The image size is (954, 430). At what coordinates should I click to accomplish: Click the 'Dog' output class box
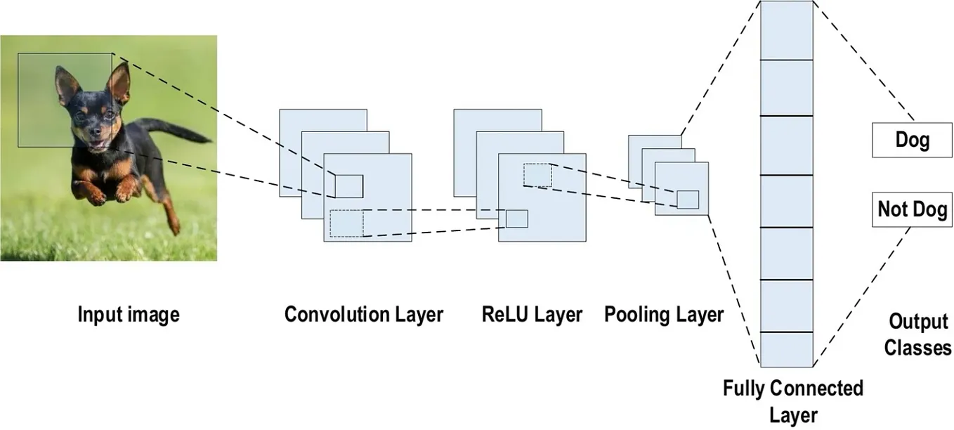click(x=912, y=141)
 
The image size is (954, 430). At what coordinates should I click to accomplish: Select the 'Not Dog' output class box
click(x=912, y=209)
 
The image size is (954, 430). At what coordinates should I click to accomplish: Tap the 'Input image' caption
click(x=128, y=314)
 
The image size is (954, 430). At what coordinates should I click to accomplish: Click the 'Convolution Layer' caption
click(x=363, y=314)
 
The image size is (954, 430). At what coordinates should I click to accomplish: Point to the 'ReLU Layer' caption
click(x=532, y=314)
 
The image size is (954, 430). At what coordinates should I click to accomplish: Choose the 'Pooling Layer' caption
click(x=663, y=314)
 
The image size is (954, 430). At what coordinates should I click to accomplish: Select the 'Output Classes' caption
click(x=917, y=334)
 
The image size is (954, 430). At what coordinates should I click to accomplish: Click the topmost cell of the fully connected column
click(x=786, y=31)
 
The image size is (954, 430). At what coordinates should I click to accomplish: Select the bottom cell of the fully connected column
click(x=786, y=349)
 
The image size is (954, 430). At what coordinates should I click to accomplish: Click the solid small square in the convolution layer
click(x=348, y=186)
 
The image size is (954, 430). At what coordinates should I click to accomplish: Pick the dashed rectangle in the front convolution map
click(x=346, y=223)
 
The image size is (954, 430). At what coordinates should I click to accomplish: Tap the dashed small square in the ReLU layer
click(x=537, y=175)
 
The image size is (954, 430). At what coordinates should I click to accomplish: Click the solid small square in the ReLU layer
click(x=516, y=219)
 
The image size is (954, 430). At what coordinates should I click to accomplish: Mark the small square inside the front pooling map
click(x=688, y=200)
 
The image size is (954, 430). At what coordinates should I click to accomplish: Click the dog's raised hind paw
click(x=174, y=226)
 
